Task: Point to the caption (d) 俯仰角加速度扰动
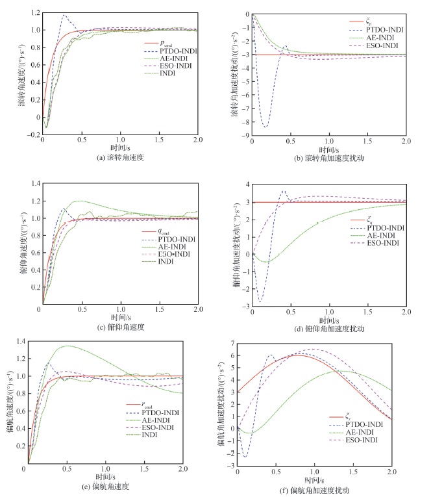[330, 329]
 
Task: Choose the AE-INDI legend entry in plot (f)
[365, 432]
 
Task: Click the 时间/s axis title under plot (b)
[329, 148]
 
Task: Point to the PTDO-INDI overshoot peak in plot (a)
[64, 16]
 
